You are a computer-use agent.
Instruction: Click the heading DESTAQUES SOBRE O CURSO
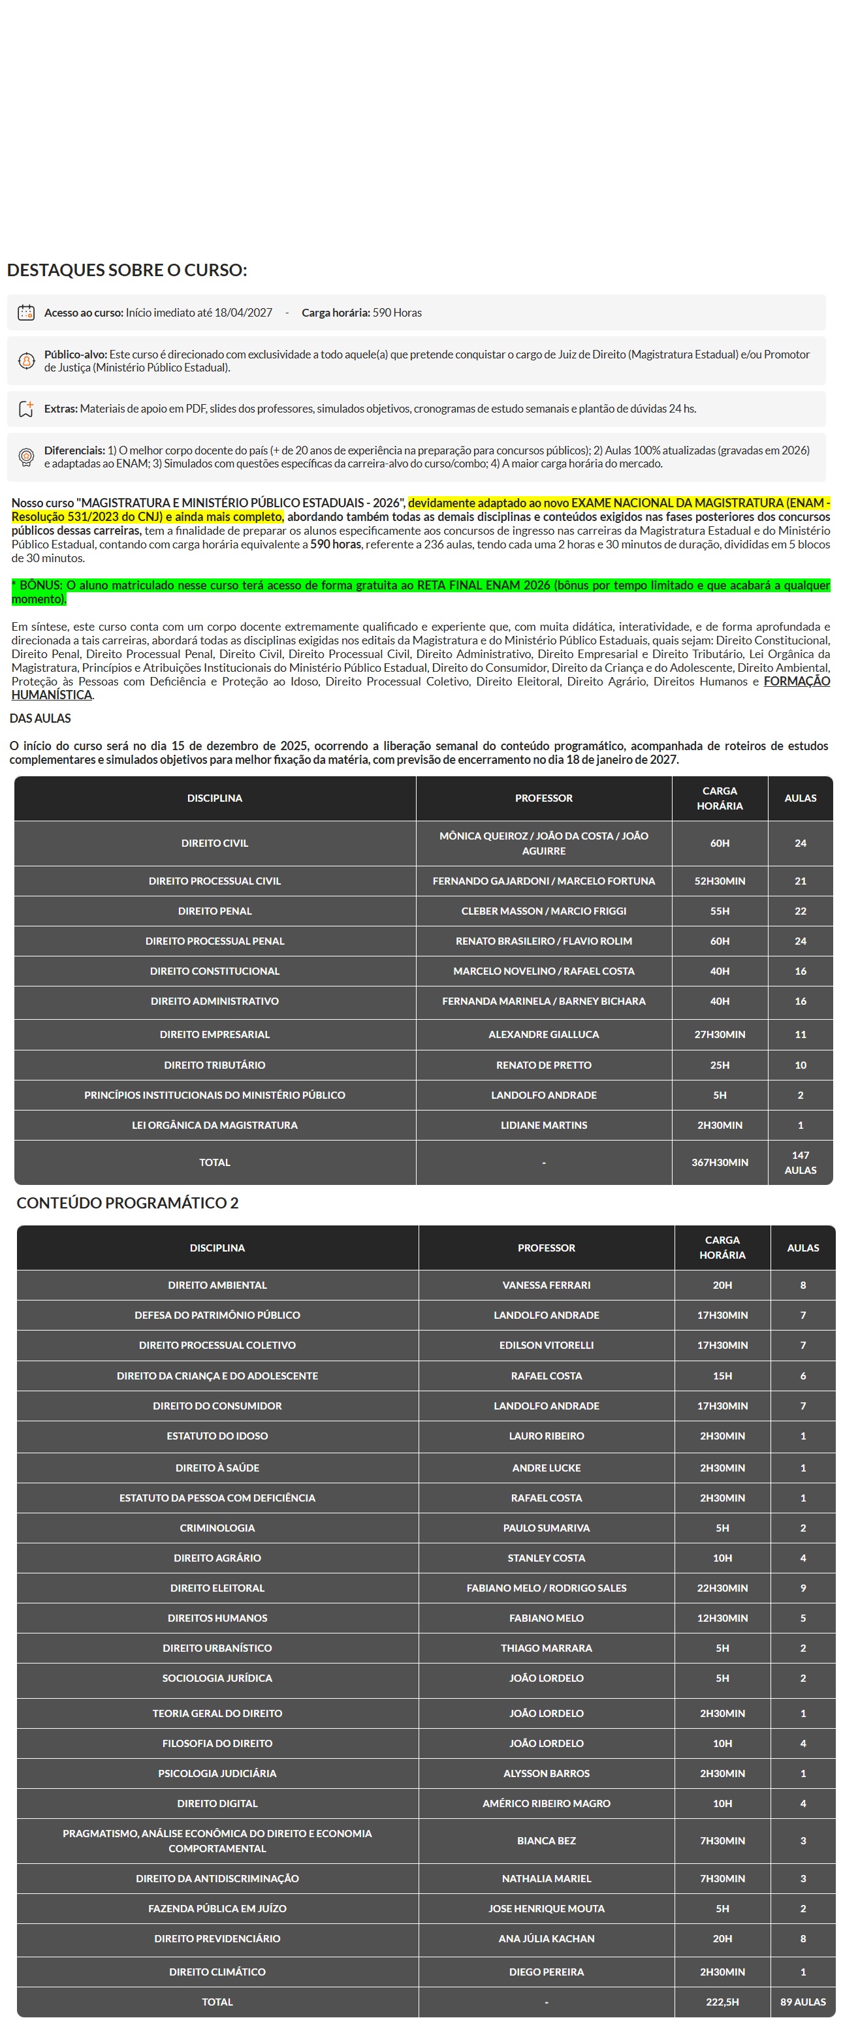tap(127, 270)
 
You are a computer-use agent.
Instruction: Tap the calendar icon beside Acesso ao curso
tap(26, 313)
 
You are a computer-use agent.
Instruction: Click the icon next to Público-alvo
tap(26, 361)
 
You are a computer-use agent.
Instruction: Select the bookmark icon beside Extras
tap(26, 409)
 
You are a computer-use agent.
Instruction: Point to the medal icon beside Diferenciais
tap(26, 457)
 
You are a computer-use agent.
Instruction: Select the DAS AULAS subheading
tap(40, 718)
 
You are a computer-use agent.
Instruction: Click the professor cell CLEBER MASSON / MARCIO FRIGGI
tap(543, 911)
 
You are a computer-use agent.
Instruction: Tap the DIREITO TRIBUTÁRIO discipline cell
tap(214, 1065)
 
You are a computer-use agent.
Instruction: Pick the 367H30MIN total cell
tap(720, 1163)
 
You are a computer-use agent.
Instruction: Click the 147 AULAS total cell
tap(800, 1163)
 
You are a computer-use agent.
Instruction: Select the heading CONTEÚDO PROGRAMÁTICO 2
tap(128, 1203)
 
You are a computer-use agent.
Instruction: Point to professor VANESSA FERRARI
tap(546, 1285)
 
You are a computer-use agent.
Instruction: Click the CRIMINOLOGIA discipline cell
tap(217, 1528)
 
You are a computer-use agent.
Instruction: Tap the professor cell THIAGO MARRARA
tap(546, 1648)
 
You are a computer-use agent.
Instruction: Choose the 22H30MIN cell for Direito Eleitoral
tap(722, 1588)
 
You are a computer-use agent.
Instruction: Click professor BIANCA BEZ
tap(546, 1841)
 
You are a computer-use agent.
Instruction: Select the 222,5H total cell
tap(722, 2002)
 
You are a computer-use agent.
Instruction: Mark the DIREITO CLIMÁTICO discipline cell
tap(217, 1972)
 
